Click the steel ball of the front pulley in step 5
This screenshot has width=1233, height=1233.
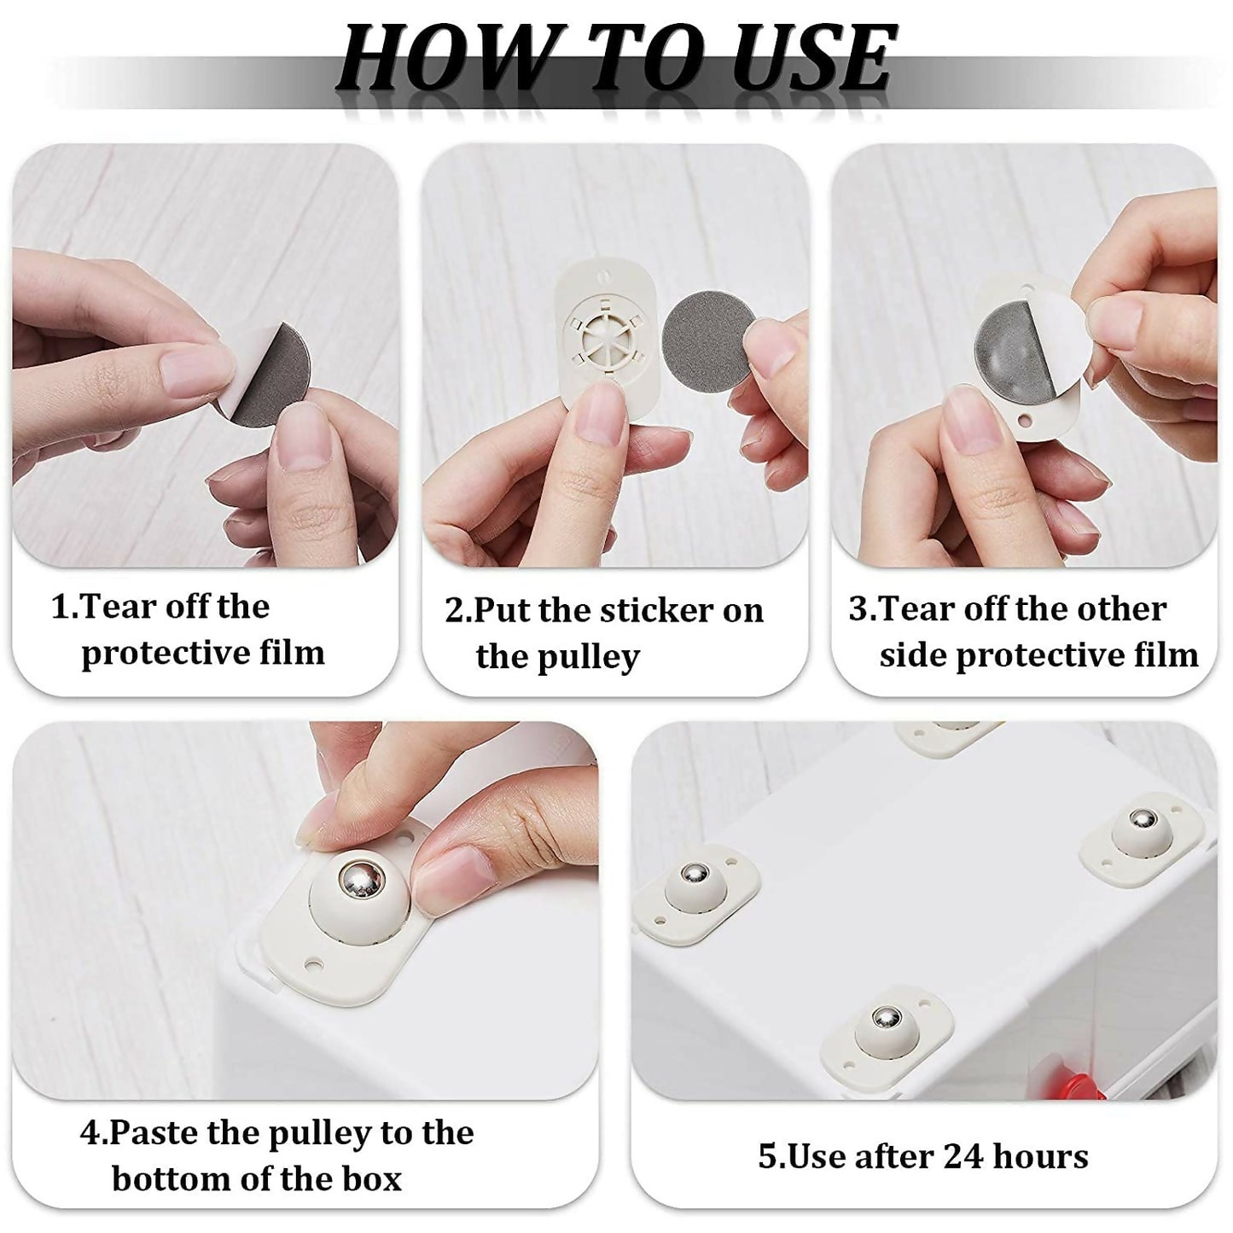[x=887, y=1019]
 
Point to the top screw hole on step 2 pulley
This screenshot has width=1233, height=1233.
[x=605, y=276]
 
